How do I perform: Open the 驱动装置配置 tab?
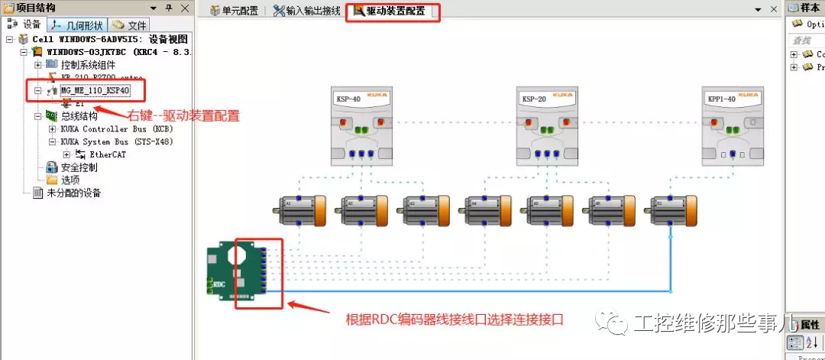(x=393, y=11)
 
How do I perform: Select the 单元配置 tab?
(x=235, y=11)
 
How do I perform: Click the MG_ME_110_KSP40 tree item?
(x=95, y=90)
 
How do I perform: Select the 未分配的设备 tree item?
(x=73, y=193)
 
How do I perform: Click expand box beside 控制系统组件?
(x=38, y=64)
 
